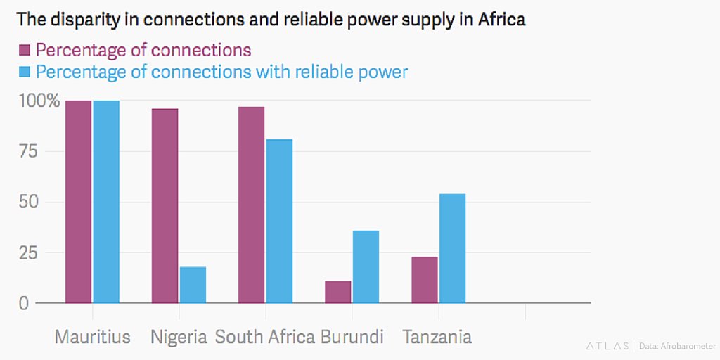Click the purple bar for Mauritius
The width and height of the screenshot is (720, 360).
78,202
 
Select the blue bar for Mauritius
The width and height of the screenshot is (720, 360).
106,202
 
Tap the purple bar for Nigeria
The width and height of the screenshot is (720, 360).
165,206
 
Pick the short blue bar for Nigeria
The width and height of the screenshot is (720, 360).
193,285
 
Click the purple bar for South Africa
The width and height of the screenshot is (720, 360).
251,205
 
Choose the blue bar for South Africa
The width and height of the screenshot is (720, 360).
279,221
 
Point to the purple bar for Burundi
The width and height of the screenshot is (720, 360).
337,292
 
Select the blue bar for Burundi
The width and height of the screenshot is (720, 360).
366,266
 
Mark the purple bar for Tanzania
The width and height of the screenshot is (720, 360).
424,280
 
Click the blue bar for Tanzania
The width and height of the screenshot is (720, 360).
452,248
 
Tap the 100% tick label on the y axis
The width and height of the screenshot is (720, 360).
38,101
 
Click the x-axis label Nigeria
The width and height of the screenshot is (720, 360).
179,337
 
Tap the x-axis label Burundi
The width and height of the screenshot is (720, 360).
352,337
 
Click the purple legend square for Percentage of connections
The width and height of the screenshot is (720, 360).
24,50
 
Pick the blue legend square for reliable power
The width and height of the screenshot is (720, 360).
24,72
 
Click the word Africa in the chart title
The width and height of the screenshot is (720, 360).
501,19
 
